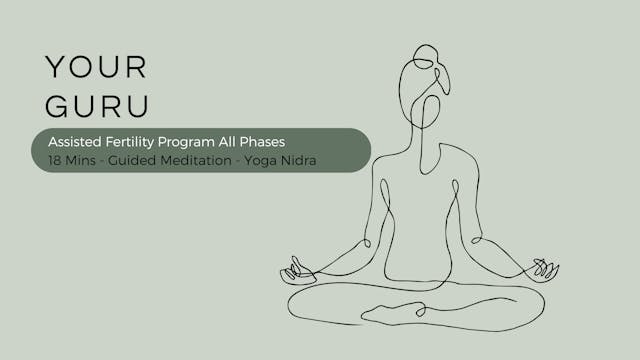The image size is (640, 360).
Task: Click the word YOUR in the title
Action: (96, 67)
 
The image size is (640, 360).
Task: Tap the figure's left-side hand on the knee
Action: (297, 269)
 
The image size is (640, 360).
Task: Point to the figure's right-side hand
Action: (544, 268)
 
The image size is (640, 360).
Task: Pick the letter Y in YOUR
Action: (55, 67)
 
